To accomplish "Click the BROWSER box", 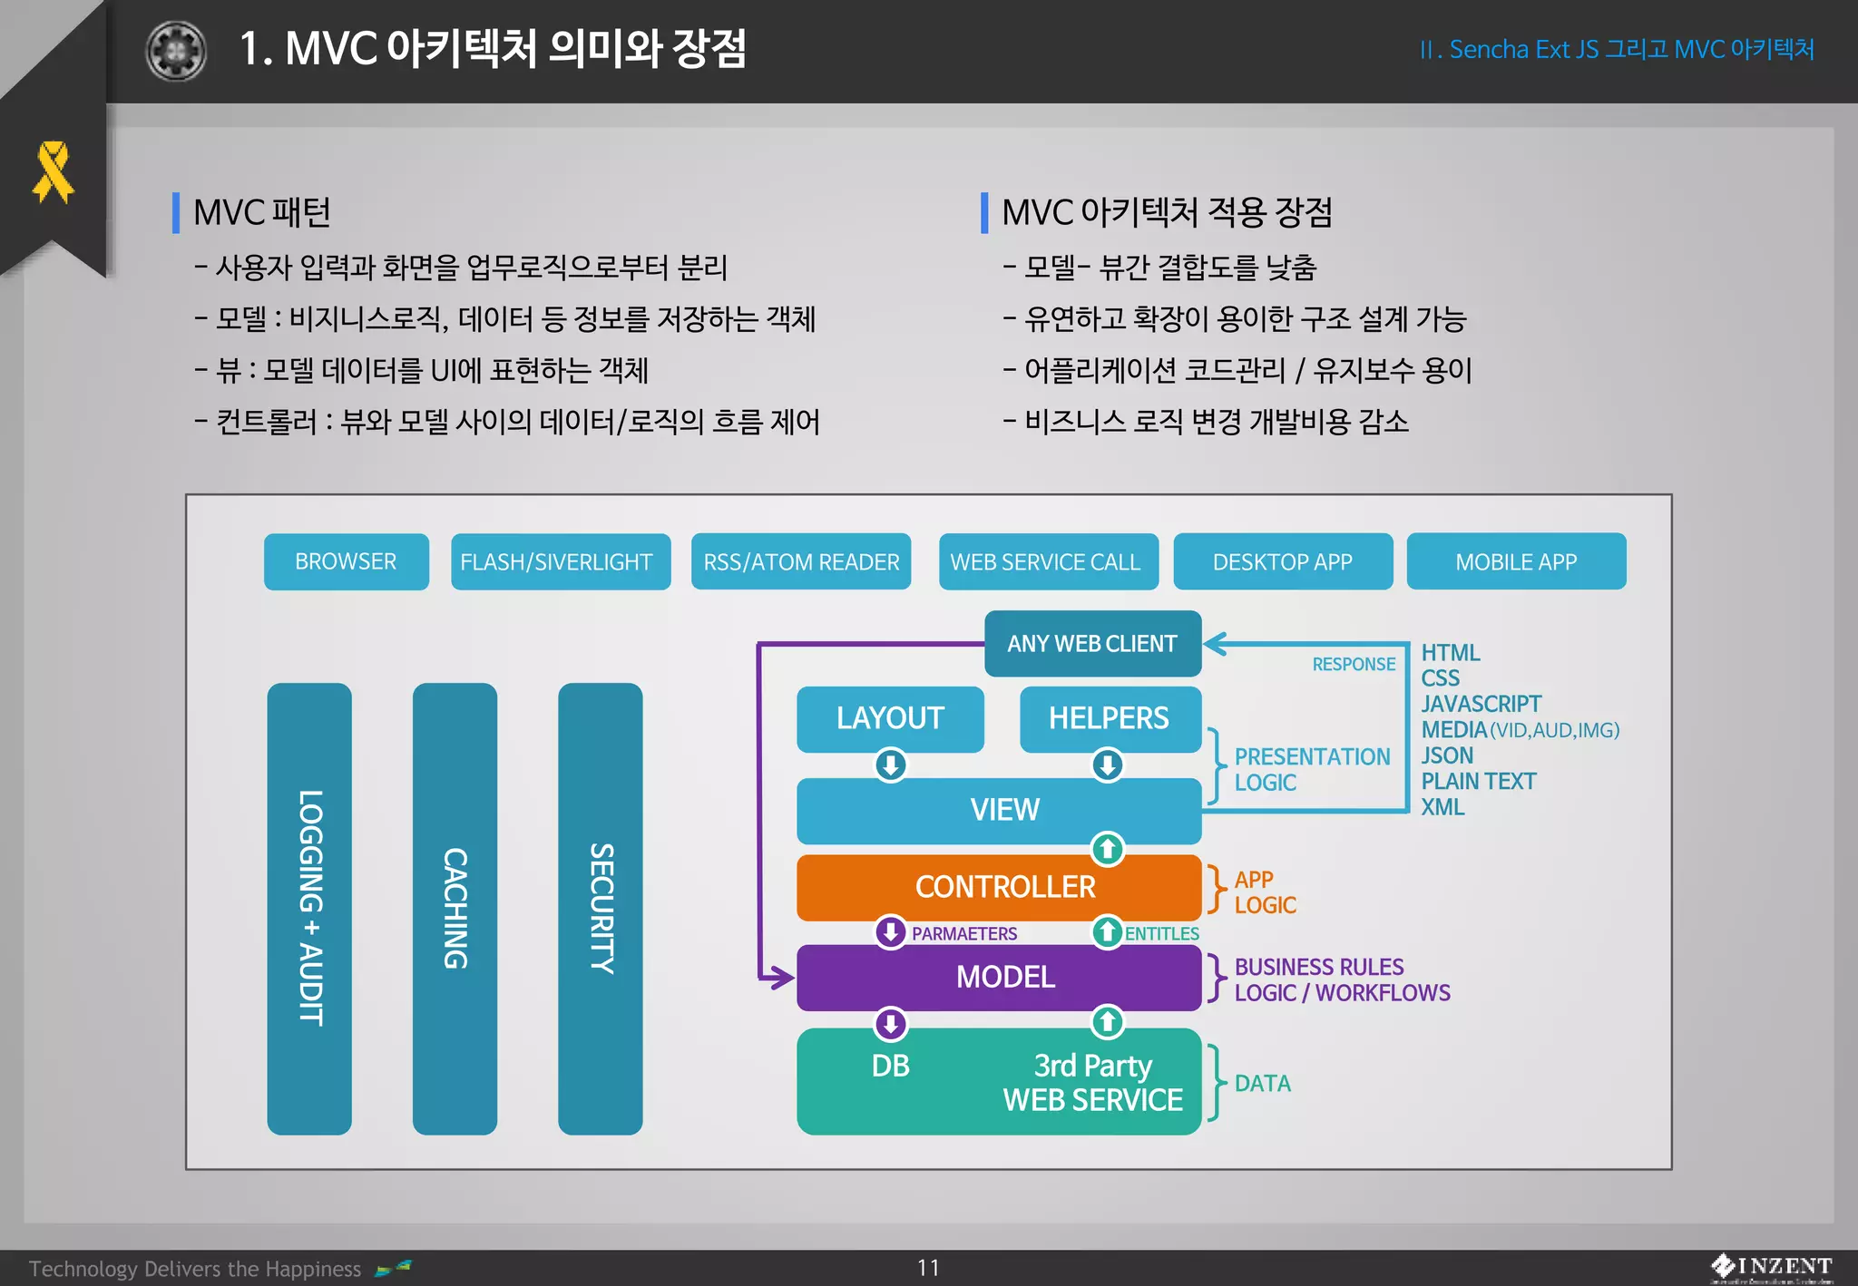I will coord(346,561).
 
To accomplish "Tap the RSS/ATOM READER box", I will coord(800,561).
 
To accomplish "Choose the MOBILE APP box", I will coord(1515,561).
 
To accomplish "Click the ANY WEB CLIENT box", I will coord(1092,643).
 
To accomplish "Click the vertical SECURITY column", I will coord(600,907).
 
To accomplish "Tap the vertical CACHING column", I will coord(455,907).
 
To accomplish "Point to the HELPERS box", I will coord(1110,718).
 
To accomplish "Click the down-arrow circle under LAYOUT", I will coord(891,765).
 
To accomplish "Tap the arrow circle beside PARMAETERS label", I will coord(891,931).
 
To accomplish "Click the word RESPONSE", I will coord(1353,664).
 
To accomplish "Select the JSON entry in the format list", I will coord(1446,755).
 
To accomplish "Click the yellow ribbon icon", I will coord(53,171).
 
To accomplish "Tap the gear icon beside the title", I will coord(176,51).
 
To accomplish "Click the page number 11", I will coord(928,1267).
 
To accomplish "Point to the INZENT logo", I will coord(1770,1266).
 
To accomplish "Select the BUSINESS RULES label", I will coord(1318,967).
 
